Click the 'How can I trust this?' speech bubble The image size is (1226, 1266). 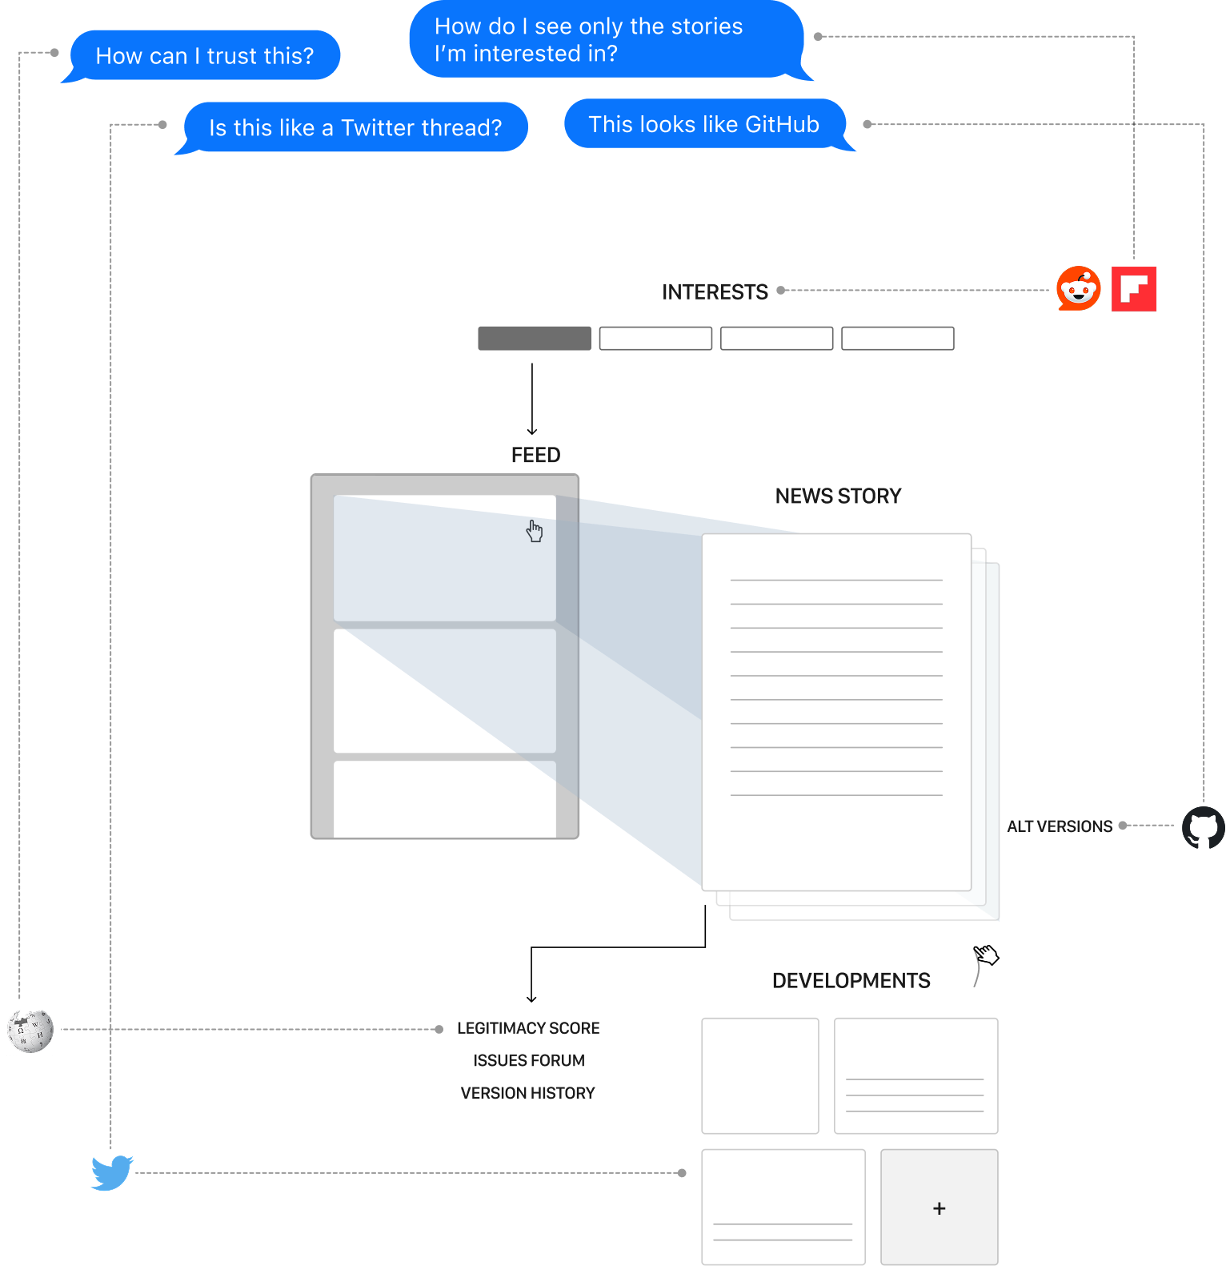click(x=205, y=55)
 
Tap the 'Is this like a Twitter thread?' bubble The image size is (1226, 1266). click(x=355, y=127)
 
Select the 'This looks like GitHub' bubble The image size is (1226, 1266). click(x=704, y=124)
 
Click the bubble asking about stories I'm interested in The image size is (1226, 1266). click(x=606, y=40)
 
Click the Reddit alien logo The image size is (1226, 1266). click(x=1078, y=288)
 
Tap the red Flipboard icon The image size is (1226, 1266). click(x=1134, y=288)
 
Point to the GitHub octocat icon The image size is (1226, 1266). click(x=1204, y=828)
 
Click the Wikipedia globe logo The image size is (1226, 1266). click(x=34, y=1026)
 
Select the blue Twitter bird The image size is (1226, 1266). click(x=112, y=1173)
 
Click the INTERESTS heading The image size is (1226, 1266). click(x=715, y=292)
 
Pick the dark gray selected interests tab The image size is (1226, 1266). click(x=535, y=339)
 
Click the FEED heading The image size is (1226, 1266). click(x=535, y=456)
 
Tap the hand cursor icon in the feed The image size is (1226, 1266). click(x=535, y=531)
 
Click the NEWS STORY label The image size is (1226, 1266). click(x=838, y=496)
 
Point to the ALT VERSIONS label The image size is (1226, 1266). click(x=1060, y=826)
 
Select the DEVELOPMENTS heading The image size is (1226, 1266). click(x=851, y=981)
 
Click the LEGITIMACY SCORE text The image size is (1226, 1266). click(x=528, y=1028)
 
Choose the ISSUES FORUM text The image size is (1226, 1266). click(x=529, y=1061)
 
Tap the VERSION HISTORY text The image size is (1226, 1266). click(x=528, y=1093)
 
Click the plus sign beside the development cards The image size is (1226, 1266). click(x=940, y=1208)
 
